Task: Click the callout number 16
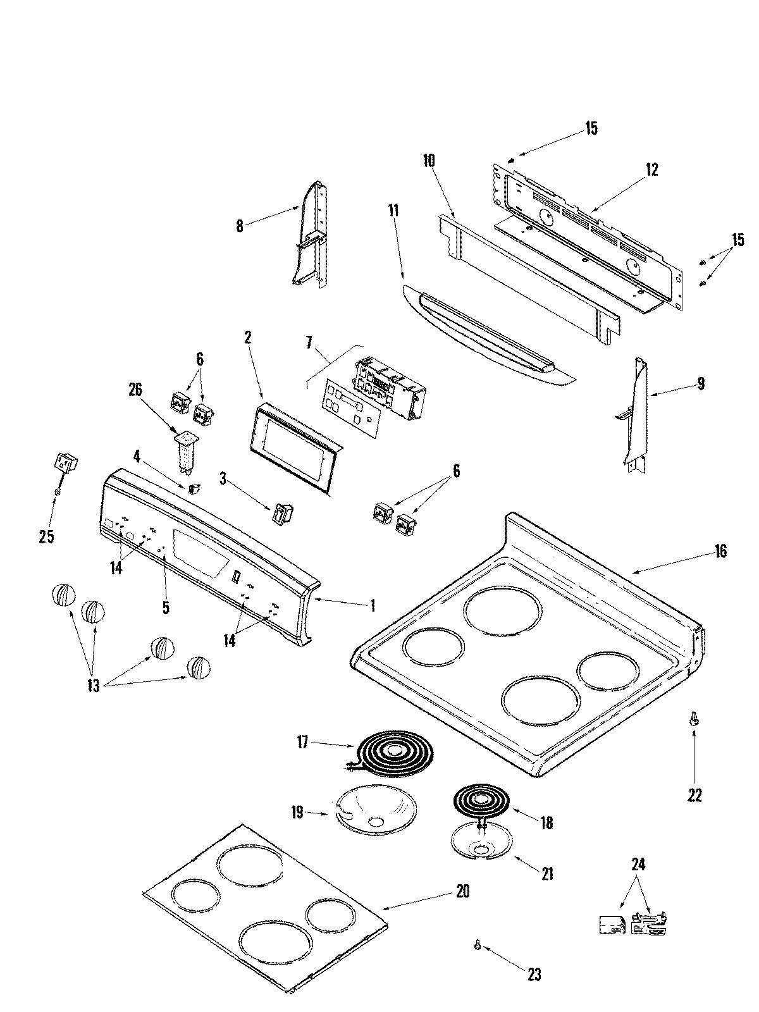pos(720,551)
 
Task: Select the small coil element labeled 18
pos(481,801)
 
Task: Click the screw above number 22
pos(694,719)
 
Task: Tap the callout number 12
pos(651,170)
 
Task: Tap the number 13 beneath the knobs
pos(94,686)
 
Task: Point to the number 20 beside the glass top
pos(462,892)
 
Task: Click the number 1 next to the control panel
pos(373,606)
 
